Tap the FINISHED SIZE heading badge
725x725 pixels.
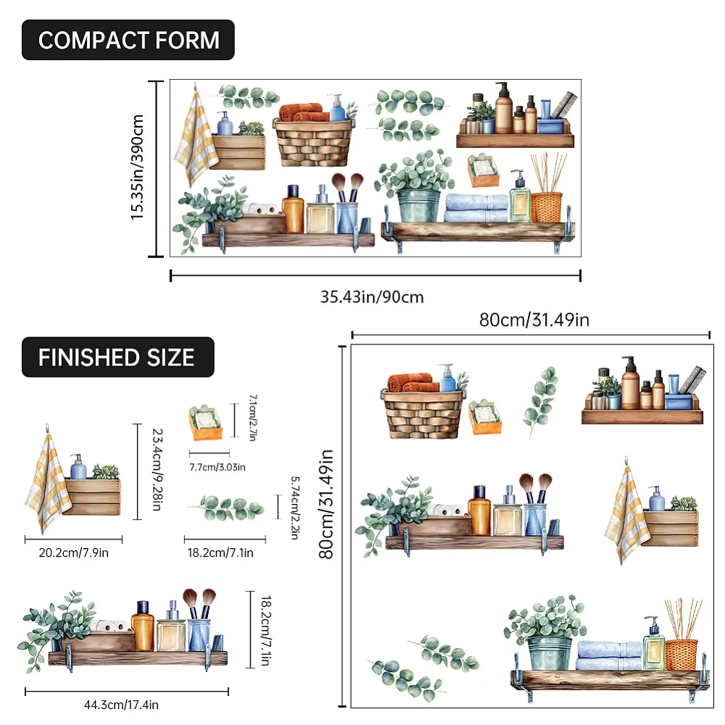(118, 357)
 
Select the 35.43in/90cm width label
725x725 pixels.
(372, 297)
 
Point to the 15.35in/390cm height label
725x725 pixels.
(137, 167)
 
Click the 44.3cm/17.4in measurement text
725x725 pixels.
(121, 705)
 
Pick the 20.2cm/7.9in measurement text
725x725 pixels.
(73, 552)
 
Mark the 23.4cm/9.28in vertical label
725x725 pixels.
(157, 470)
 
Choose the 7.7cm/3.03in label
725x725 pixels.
(217, 467)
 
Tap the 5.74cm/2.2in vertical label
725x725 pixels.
(295, 507)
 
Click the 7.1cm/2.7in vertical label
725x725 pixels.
(253, 418)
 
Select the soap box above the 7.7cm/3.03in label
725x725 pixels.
(206, 422)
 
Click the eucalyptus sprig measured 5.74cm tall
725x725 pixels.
(226, 507)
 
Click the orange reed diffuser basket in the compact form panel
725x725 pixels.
(547, 207)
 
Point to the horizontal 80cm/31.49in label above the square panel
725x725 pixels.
(534, 320)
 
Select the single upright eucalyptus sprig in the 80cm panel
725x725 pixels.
(540, 401)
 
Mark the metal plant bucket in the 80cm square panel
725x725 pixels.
(550, 652)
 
